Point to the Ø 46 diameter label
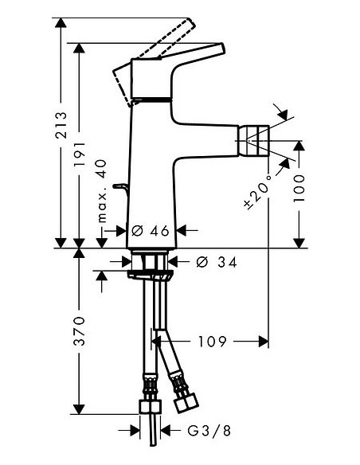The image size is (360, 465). [x=151, y=231]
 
